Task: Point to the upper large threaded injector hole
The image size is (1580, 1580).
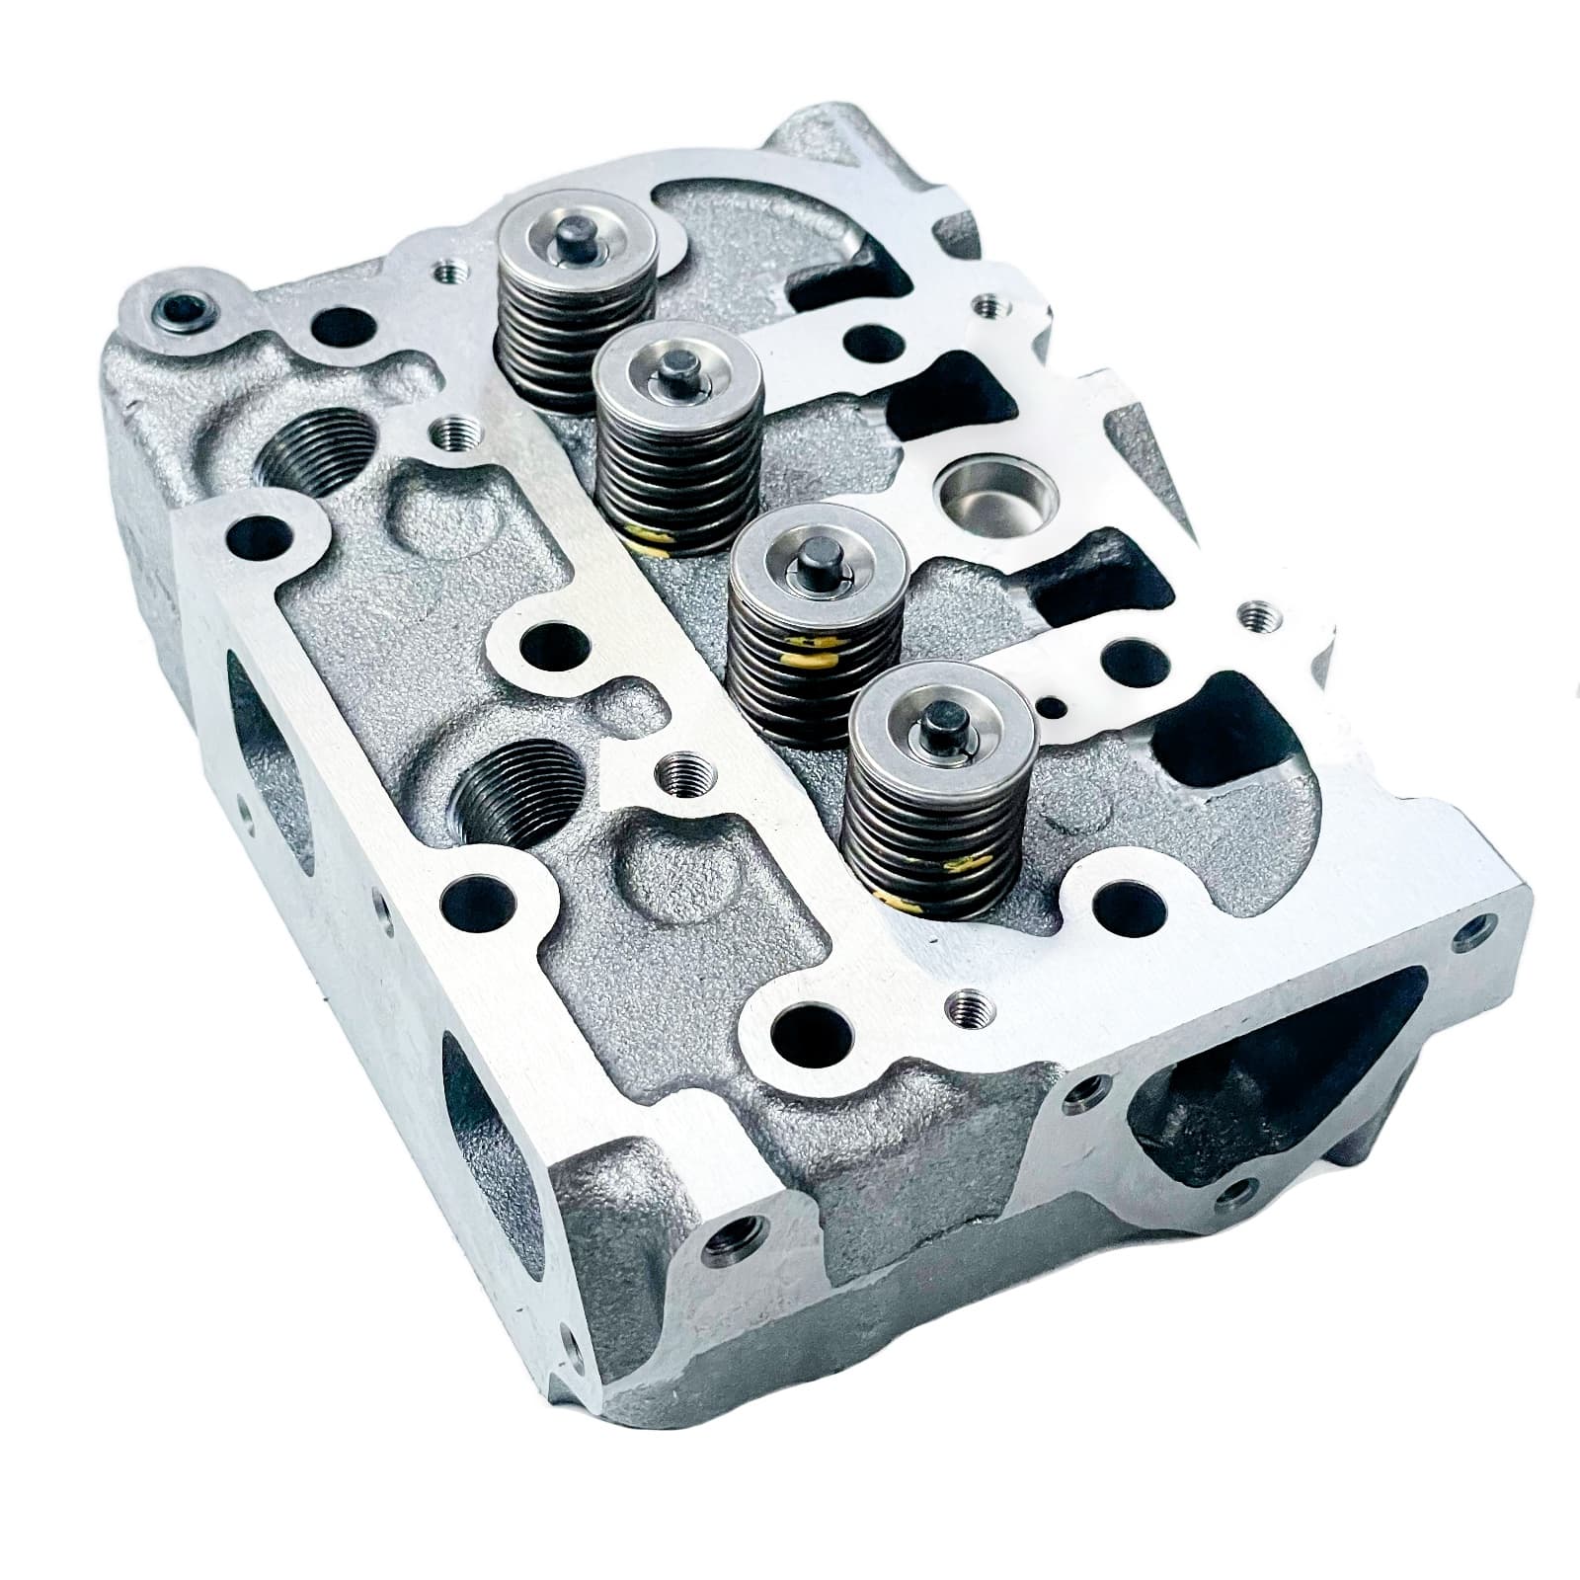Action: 319,450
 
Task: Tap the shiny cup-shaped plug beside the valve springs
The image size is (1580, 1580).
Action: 977,490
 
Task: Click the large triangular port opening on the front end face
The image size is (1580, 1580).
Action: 1274,1106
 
